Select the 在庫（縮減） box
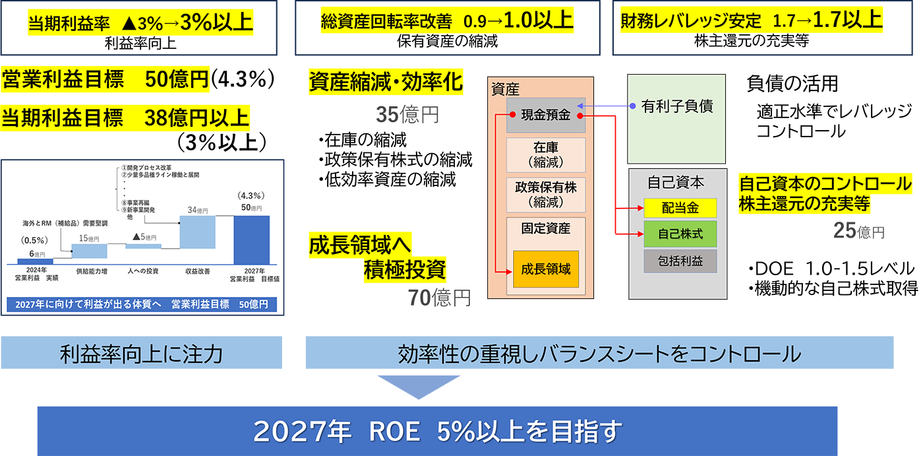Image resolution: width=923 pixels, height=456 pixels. (546, 154)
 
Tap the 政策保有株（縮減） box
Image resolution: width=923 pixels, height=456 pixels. (546, 193)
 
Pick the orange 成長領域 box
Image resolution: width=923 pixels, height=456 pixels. (546, 269)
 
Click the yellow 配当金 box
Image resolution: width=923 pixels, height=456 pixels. (680, 209)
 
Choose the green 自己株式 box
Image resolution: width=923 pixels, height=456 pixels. (680, 234)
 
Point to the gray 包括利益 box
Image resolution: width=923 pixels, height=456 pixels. (680, 261)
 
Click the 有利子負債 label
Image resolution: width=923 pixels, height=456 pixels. (677, 106)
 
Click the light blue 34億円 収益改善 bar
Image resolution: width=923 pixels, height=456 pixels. (198, 232)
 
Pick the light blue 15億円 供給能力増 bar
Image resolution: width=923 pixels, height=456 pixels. (89, 251)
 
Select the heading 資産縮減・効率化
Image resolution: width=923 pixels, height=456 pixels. (386, 82)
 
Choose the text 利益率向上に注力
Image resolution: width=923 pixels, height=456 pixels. (140, 354)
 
